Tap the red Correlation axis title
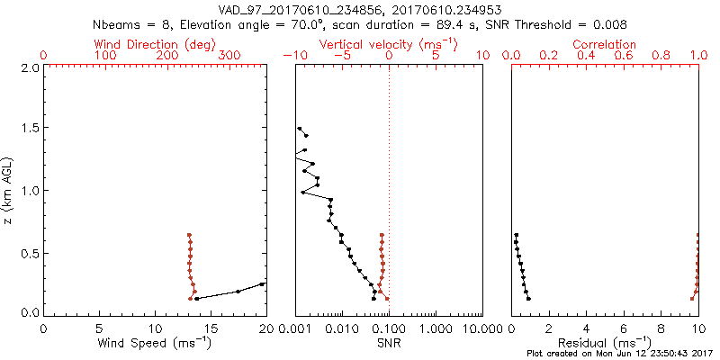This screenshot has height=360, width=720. [x=605, y=44]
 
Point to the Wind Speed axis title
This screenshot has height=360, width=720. [x=155, y=342]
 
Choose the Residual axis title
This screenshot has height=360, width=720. [x=605, y=342]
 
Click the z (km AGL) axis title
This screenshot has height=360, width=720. [x=10, y=189]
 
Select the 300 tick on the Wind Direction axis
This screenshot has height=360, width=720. [x=230, y=56]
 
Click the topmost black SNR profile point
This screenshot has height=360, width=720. [x=300, y=129]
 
